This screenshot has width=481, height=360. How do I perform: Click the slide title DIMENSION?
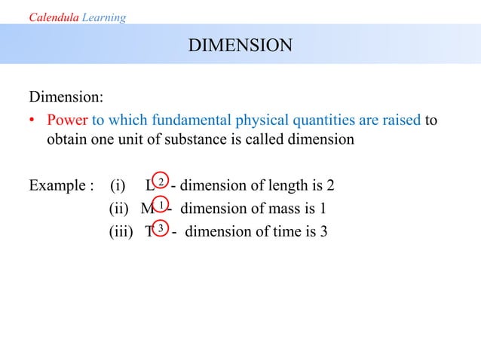coord(240,46)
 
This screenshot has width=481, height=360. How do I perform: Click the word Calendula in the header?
coord(48,17)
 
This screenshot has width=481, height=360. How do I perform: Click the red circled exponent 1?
coord(161,205)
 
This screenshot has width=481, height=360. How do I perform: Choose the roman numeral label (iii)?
coord(121,231)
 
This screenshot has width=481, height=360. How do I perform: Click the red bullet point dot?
coord(34,121)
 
